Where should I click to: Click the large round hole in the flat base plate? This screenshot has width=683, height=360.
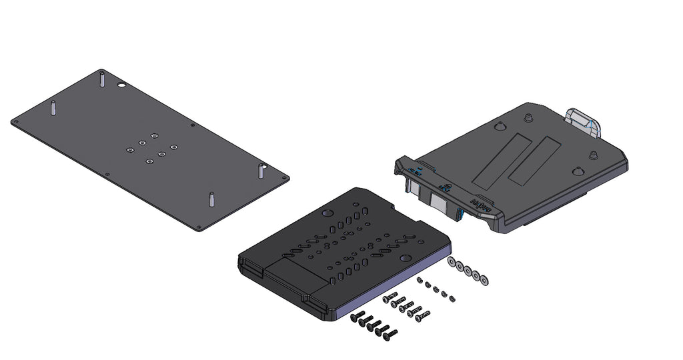point(122,86)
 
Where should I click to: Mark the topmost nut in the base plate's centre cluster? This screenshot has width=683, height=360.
point(154,136)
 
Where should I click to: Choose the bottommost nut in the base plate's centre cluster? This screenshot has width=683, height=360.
point(149,160)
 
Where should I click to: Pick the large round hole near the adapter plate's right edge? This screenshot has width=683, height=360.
point(404,257)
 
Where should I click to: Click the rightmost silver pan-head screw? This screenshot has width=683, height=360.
point(422,313)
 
